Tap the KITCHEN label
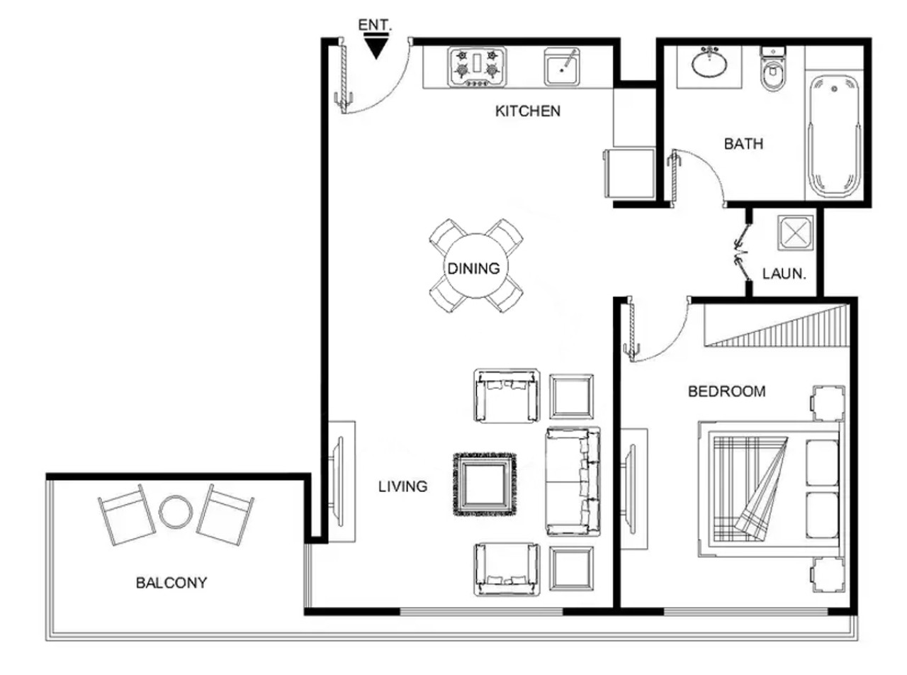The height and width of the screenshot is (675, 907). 527,111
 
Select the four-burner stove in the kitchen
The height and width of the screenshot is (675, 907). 477,67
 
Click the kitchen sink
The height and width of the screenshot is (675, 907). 562,67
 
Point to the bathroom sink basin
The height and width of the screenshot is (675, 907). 709,64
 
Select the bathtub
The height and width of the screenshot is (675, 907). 834,136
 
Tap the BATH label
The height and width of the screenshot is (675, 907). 743,144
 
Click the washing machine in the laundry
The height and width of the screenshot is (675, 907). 795,233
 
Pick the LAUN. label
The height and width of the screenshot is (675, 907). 784,274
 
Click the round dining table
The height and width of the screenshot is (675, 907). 476,266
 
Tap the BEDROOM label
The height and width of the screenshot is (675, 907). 727,391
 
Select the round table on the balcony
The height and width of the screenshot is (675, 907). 176,512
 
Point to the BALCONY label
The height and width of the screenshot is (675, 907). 171,583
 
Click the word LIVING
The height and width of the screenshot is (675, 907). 402,486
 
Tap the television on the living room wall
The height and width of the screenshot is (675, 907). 338,481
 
